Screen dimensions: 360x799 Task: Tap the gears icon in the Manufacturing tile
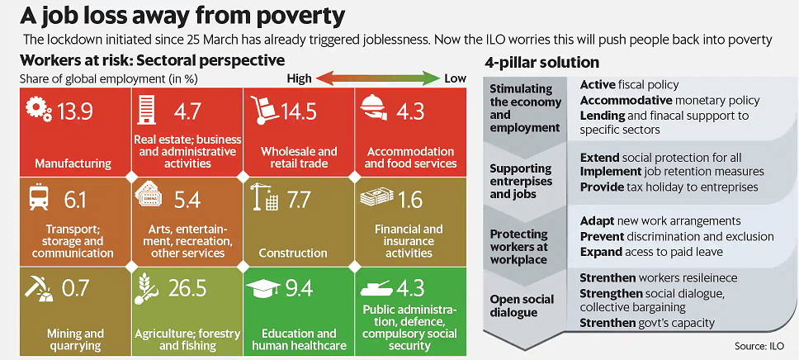pyautogui.click(x=38, y=110)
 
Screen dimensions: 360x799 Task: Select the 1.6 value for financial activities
pyautogui.click(x=409, y=199)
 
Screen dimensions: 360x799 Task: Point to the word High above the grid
pyautogui.click(x=299, y=78)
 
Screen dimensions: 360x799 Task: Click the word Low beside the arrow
pyautogui.click(x=455, y=78)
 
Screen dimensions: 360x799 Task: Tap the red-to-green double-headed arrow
pyautogui.click(x=378, y=78)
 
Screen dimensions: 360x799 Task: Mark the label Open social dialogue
pyautogui.click(x=522, y=306)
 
